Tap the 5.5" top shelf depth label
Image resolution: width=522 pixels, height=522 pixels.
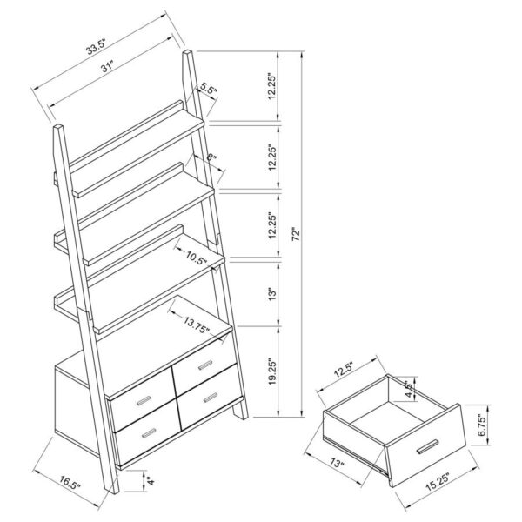pos(208,88)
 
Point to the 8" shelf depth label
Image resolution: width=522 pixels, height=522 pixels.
pos(213,158)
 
